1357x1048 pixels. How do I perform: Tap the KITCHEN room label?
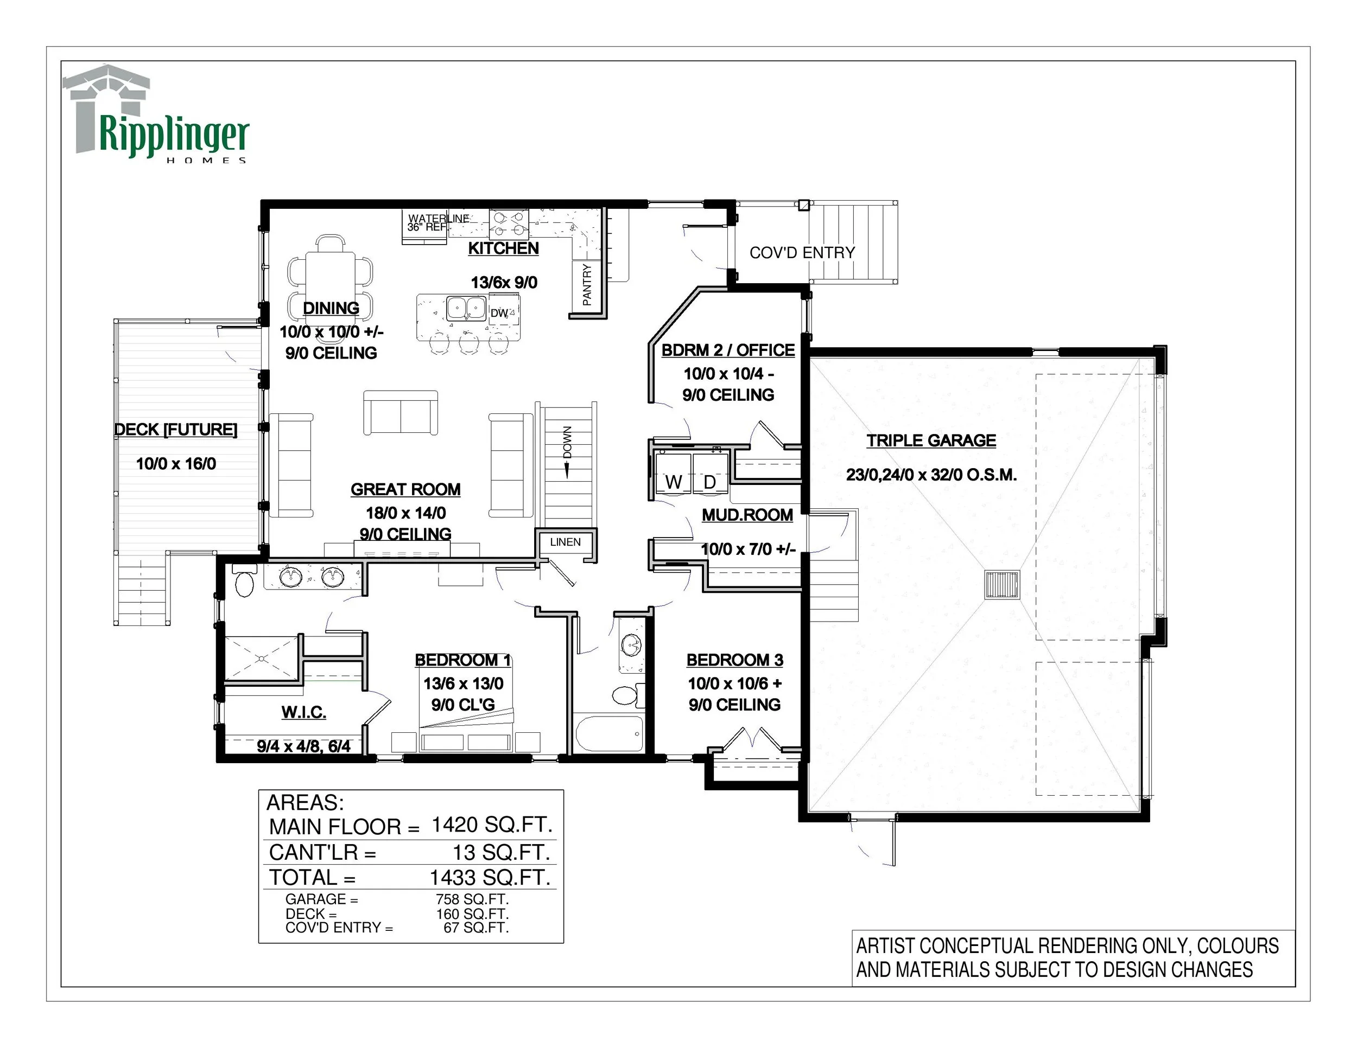coord(503,248)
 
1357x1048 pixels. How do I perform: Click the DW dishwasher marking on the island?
coord(499,314)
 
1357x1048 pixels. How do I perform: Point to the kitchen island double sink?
coord(467,309)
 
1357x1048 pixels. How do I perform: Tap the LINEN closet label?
coord(566,542)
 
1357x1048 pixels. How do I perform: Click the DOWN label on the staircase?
coord(567,442)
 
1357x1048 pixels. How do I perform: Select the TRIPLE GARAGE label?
coord(931,441)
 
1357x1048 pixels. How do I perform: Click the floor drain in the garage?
coord(1002,584)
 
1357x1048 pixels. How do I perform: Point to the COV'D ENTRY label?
coord(802,253)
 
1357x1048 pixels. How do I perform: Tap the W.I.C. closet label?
coord(304,712)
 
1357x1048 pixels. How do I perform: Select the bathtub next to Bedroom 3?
coord(609,733)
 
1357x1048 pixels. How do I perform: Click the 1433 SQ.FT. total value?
coord(490,877)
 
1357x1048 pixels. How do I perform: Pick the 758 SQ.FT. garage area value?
coord(472,899)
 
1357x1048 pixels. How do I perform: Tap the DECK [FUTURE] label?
coord(176,430)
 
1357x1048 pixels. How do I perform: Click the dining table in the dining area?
coord(331,274)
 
